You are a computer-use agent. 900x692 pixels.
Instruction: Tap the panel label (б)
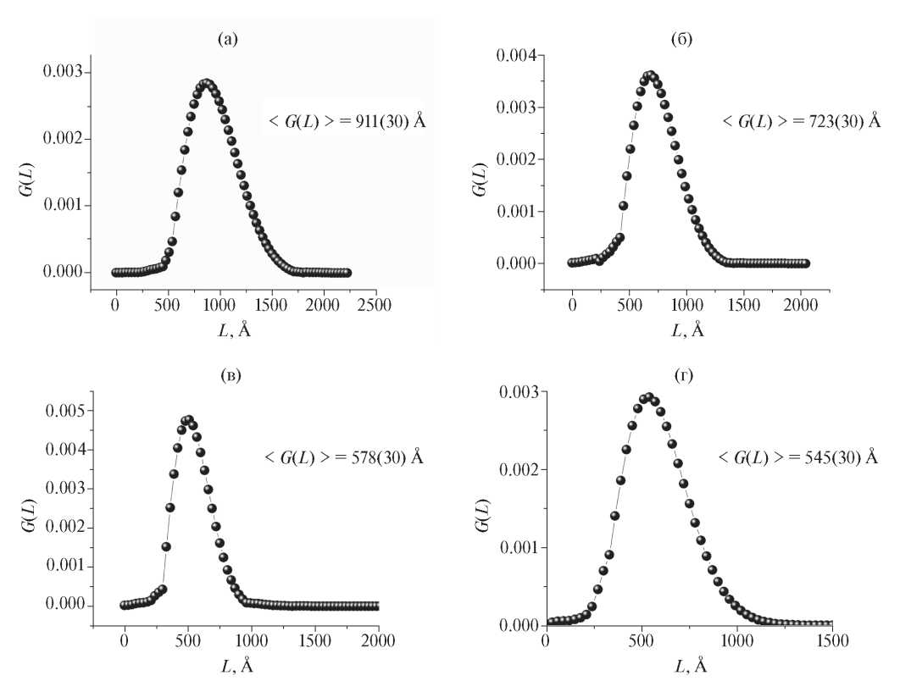pyautogui.click(x=681, y=39)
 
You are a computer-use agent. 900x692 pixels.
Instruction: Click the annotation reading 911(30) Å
pyautogui.click(x=346, y=120)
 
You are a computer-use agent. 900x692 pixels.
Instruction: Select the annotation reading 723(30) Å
pyautogui.click(x=801, y=121)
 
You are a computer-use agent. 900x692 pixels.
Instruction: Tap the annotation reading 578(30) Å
pyautogui.click(x=344, y=457)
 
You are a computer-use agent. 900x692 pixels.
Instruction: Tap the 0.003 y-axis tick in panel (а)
pyautogui.click(x=63, y=71)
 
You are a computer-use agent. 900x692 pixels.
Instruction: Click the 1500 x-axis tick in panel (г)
pyautogui.click(x=831, y=644)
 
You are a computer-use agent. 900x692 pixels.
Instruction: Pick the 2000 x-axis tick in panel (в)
pyautogui.click(x=378, y=644)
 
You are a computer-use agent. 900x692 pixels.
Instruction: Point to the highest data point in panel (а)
pyautogui.click(x=206, y=83)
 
